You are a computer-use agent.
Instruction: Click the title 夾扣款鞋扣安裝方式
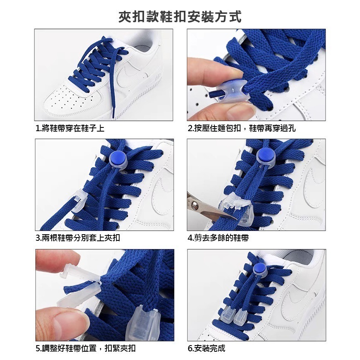tap(180, 17)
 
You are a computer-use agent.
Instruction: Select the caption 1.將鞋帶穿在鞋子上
tap(70, 129)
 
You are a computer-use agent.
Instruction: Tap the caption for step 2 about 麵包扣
tap(242, 129)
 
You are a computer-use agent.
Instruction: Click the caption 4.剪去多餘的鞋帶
tap(218, 238)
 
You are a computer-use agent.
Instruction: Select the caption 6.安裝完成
tap(206, 348)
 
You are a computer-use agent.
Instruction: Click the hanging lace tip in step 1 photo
tap(113, 112)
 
